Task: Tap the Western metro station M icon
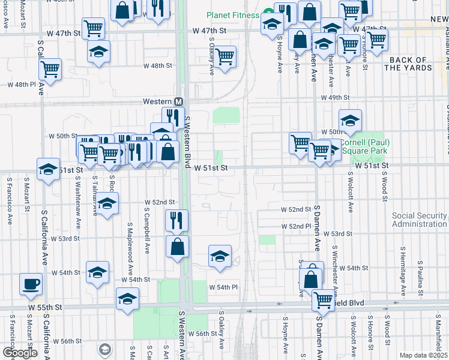click(178, 102)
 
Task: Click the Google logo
click(20, 353)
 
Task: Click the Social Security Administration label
click(420, 220)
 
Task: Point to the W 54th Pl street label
click(223, 287)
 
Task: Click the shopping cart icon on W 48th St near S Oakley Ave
click(224, 57)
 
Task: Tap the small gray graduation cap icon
click(105, 349)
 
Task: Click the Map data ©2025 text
click(423, 355)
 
